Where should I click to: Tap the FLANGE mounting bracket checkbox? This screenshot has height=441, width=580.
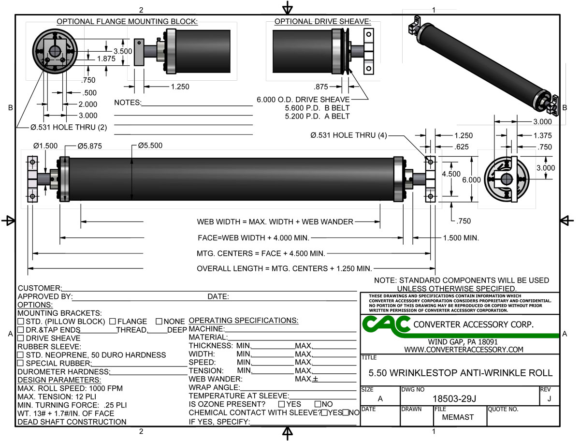[x=112, y=321]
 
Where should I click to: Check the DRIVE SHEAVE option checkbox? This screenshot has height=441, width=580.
[x=21, y=338]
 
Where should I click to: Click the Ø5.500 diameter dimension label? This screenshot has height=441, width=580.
[x=150, y=145]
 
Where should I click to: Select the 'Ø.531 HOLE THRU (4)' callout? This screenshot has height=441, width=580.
[x=348, y=136]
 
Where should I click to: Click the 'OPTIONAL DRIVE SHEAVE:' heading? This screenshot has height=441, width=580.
[x=322, y=22]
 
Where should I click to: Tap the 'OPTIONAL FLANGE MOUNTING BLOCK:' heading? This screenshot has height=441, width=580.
[x=127, y=22]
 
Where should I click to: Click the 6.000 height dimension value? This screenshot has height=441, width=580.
[x=471, y=179]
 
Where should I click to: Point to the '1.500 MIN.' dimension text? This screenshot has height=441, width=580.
[x=461, y=238]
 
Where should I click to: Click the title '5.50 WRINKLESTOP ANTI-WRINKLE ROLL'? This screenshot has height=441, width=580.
[x=460, y=373]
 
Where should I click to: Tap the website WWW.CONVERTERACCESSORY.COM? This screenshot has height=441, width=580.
[x=464, y=349]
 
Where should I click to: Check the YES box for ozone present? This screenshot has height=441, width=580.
[x=281, y=404]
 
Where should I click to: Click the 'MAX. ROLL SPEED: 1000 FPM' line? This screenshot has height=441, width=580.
[x=70, y=388]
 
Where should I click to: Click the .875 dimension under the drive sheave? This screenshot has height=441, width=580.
[x=320, y=87]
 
